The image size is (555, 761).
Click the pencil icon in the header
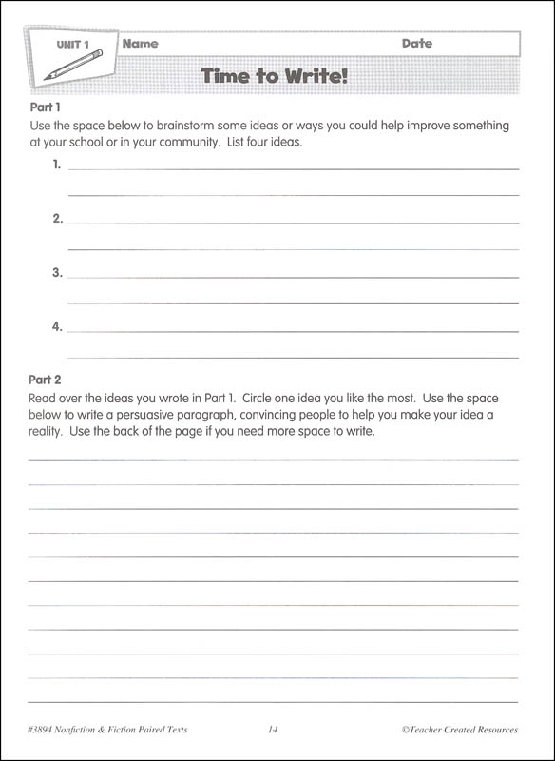tap(72, 65)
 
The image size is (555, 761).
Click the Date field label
tap(416, 44)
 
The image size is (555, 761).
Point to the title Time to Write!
tap(275, 75)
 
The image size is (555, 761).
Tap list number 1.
tap(57, 165)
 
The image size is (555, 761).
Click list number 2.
tap(57, 219)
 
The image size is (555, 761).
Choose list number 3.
tap(57, 273)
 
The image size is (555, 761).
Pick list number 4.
tap(57, 327)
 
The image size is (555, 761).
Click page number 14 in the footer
tap(273, 730)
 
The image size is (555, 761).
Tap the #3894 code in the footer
tap(46, 730)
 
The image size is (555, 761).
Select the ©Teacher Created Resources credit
tap(459, 730)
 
